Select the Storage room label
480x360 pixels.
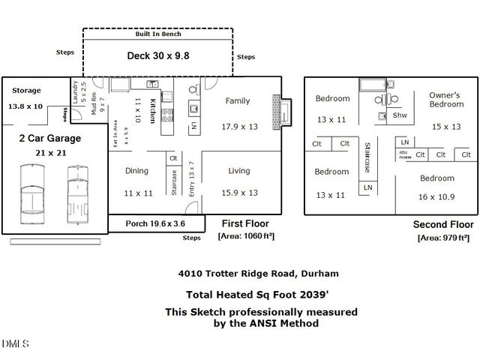point(26,91)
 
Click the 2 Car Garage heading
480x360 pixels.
point(49,138)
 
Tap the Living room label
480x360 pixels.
point(239,171)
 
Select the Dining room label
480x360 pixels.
point(136,171)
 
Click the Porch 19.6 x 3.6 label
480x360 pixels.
point(154,223)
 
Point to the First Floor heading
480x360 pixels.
point(244,223)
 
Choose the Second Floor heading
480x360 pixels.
point(443,224)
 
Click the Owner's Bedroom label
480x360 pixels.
point(446,100)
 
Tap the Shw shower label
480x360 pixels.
point(400,115)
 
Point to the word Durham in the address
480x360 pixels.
point(319,273)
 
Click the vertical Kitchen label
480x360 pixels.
point(152,110)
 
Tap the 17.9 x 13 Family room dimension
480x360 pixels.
point(239,126)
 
